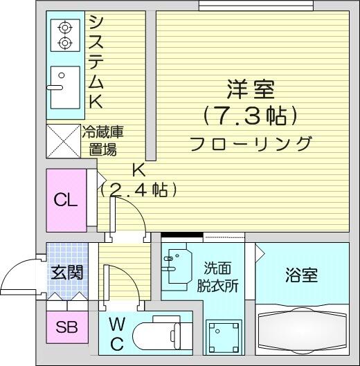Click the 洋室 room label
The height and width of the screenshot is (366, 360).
tap(251, 89)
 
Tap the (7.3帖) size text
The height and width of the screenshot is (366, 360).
tap(251, 116)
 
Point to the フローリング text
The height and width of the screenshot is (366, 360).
tap(251, 144)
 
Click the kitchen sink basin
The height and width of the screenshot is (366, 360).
tap(65, 88)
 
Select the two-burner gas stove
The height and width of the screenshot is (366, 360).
tap(65, 35)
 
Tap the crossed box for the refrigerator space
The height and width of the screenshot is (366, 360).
tap(63, 141)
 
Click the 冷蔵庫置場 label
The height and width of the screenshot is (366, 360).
tap(102, 140)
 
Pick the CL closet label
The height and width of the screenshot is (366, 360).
tap(65, 200)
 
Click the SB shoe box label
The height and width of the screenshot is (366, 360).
tap(67, 327)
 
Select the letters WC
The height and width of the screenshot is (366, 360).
tap(117, 333)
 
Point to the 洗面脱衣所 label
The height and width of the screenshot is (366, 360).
tap(217, 277)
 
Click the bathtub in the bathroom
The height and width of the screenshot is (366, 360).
tap(303, 330)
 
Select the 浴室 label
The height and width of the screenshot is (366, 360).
tap(301, 275)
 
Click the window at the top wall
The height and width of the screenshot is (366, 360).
tap(256, 5)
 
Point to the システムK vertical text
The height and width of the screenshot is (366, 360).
tap(96, 62)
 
